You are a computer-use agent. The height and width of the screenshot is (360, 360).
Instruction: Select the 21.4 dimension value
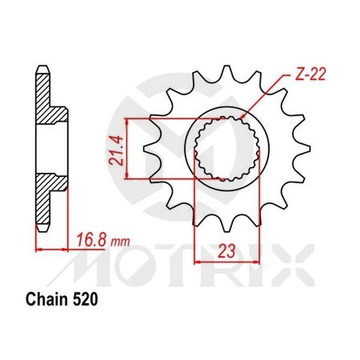(x=118, y=149)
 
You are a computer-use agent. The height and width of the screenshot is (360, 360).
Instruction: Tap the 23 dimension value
(x=225, y=253)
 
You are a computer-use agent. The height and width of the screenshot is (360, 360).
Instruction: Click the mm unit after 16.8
(x=121, y=242)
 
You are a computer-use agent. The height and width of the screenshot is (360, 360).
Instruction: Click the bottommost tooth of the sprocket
(x=225, y=225)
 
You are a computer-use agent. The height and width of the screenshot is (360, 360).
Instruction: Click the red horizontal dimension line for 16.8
(x=51, y=248)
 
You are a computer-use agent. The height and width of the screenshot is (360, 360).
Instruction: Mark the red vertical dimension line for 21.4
(x=127, y=149)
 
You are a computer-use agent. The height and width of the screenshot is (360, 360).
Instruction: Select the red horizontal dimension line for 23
(x=225, y=262)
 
